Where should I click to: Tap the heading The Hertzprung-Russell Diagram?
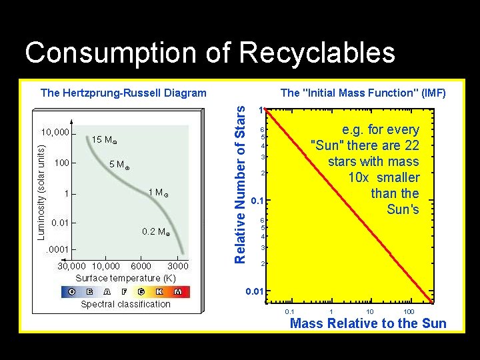(x=123, y=93)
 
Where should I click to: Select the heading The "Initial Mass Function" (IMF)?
(x=363, y=93)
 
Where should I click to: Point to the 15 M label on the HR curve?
(x=104, y=141)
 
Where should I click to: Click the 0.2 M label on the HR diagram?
(x=156, y=232)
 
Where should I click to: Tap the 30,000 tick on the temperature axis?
(x=73, y=266)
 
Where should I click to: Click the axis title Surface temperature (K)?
(x=125, y=278)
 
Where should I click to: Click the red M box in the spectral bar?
(x=178, y=291)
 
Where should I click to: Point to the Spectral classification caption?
(x=125, y=304)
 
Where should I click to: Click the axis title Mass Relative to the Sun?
(x=368, y=324)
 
